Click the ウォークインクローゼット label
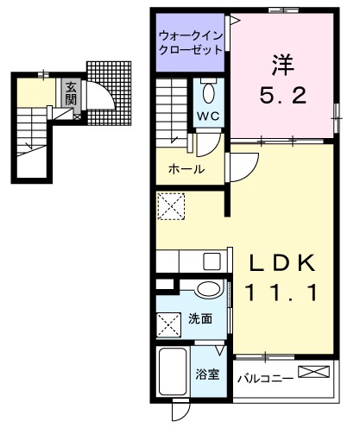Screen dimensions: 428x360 191,42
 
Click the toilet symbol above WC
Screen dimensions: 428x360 208,91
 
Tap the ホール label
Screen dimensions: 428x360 186,169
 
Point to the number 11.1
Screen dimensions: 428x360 278,294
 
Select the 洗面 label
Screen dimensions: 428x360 200,319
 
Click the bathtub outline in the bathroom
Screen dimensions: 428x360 174,372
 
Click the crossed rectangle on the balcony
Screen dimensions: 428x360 313,372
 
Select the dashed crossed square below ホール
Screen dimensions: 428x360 169,205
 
